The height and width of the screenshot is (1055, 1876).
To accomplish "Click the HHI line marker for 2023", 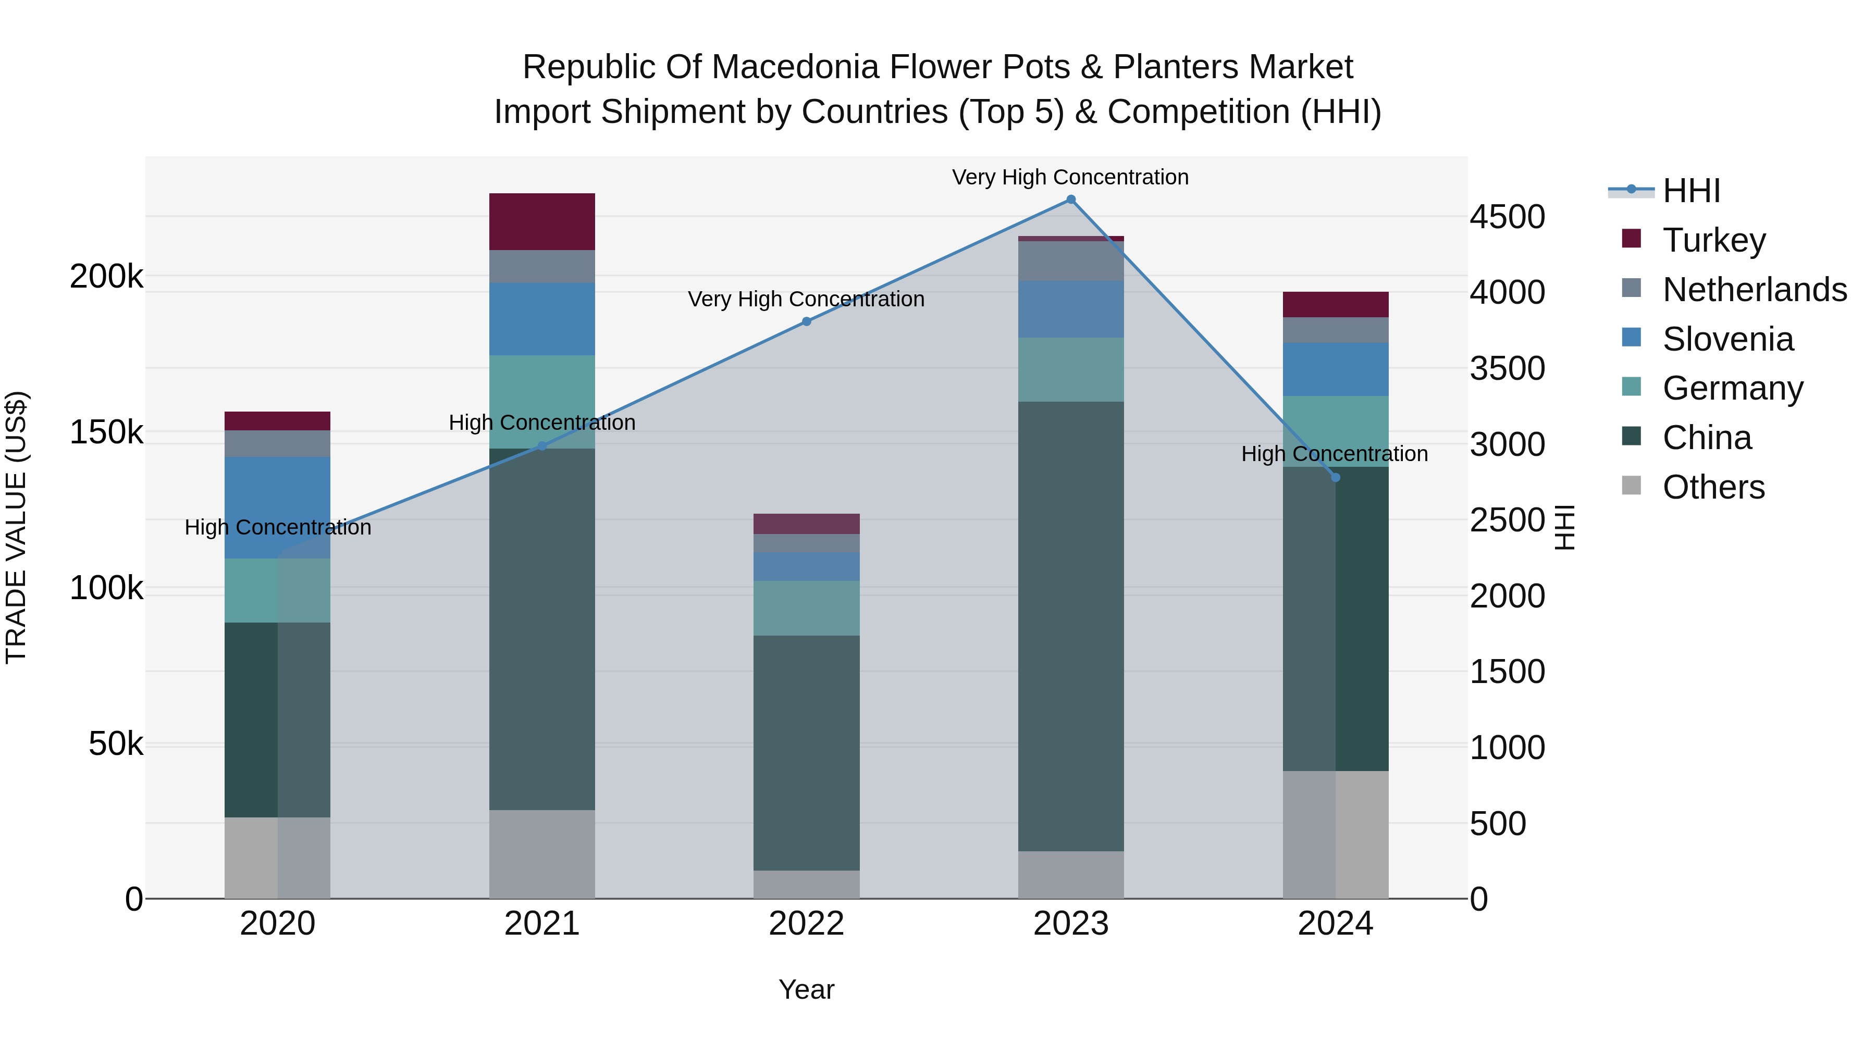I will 1070,200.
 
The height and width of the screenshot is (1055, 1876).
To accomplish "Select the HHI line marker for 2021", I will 542,446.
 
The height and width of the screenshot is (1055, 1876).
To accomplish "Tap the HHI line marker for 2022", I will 806,321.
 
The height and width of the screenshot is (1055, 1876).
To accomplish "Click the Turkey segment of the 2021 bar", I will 542,221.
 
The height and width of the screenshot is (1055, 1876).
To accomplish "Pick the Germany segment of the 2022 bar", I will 806,608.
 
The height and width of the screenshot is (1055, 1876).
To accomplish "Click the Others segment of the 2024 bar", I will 1335,835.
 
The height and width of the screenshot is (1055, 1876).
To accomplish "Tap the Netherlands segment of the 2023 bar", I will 1070,260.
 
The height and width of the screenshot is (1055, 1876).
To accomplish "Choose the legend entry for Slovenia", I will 1727,339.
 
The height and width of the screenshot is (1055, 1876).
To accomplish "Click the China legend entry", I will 1706,438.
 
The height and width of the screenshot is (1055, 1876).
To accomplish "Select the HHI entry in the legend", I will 1691,191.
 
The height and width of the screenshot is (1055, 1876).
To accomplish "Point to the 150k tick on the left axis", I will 106,432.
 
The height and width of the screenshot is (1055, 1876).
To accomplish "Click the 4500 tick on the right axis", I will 1507,217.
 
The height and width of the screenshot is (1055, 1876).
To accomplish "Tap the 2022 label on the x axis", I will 806,924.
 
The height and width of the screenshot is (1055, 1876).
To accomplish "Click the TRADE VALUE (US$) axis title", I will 16,527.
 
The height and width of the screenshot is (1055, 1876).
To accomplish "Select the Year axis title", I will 806,989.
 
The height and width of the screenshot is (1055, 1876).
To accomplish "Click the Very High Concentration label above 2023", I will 1070,177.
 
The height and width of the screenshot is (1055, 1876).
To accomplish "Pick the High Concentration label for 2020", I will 277,527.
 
